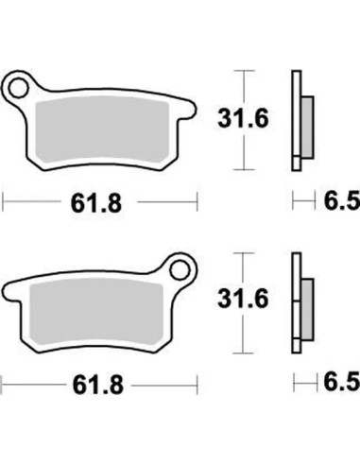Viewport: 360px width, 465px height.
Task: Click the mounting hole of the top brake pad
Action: pos(18,88)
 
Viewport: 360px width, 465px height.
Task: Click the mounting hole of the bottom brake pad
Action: pos(180,270)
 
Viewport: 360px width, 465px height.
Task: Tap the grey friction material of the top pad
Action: pos(102,130)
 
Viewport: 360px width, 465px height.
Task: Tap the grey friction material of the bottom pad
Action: pos(95,313)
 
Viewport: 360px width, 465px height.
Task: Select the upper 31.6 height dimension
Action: pos(243,119)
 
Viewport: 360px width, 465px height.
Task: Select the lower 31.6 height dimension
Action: pos(243,299)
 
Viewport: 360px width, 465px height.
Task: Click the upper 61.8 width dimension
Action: pos(96,203)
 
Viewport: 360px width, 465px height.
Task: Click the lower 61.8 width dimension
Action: pos(98,386)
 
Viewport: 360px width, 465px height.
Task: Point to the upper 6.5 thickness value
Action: pos(342,201)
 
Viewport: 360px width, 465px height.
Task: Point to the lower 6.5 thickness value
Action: pos(342,382)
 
